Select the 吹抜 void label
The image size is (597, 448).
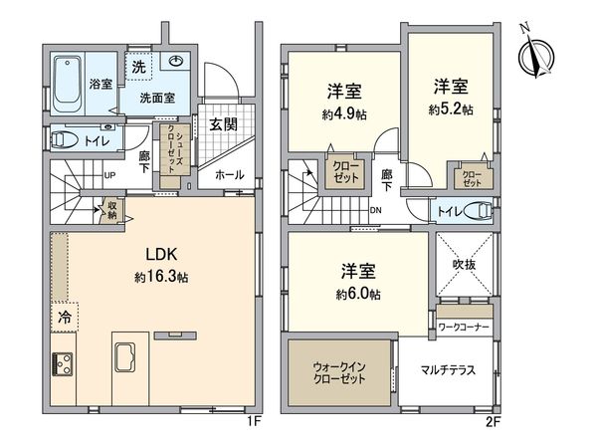point(463,266)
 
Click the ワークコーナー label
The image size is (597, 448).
point(465,326)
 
